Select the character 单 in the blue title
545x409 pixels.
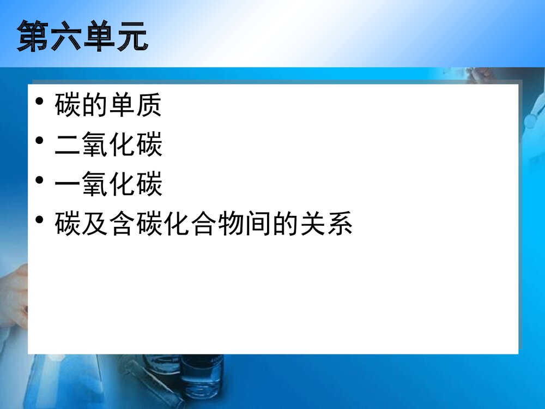(99, 37)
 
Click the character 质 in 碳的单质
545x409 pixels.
(149, 106)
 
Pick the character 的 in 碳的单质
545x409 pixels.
(95, 106)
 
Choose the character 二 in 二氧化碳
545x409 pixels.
(68, 146)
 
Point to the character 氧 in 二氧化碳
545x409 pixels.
(95, 146)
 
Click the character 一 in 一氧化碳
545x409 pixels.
(68, 185)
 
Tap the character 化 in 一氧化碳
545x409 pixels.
(122, 185)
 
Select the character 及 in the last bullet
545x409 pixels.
(95, 224)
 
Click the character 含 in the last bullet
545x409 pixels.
(122, 224)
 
